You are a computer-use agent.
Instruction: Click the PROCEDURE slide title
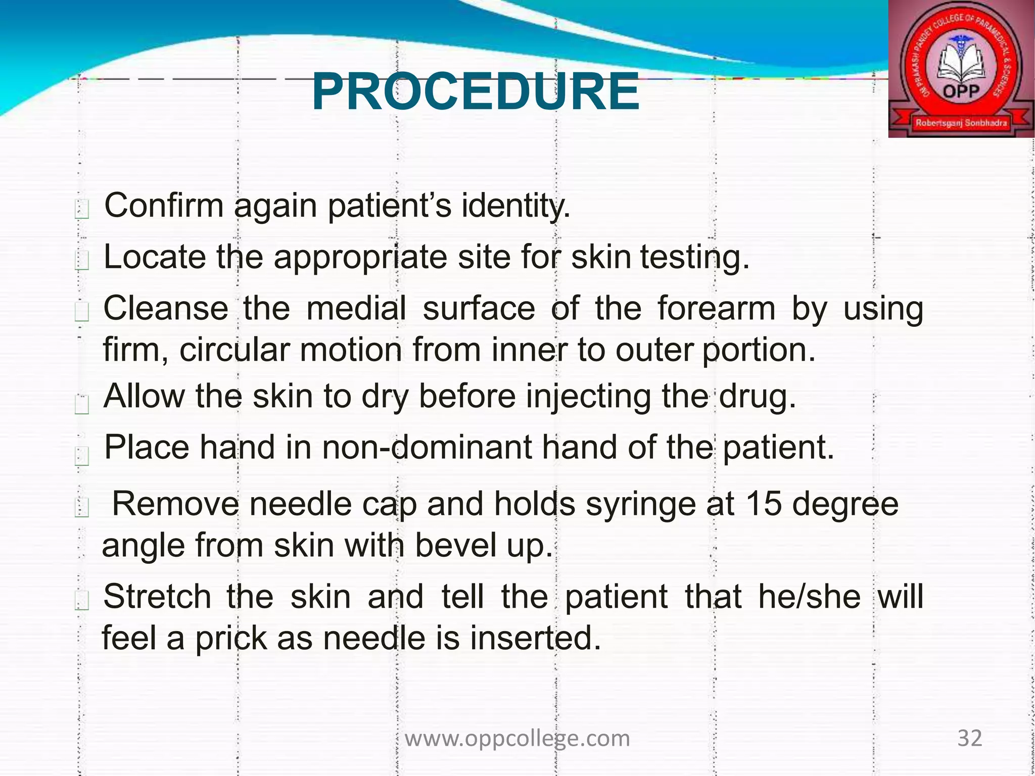click(475, 92)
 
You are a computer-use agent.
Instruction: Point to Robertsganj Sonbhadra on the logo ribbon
click(961, 123)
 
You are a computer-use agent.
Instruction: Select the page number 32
click(970, 738)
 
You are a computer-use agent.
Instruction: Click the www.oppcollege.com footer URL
click(517, 739)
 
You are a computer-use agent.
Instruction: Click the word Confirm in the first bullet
click(164, 206)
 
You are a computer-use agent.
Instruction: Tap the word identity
click(515, 206)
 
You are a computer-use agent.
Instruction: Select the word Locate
click(155, 257)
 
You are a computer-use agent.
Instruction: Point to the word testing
click(695, 257)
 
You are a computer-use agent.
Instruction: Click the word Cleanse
click(166, 308)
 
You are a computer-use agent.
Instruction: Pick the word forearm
click(716, 308)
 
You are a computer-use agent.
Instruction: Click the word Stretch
click(157, 597)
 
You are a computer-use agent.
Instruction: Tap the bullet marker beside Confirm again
click(82, 209)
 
